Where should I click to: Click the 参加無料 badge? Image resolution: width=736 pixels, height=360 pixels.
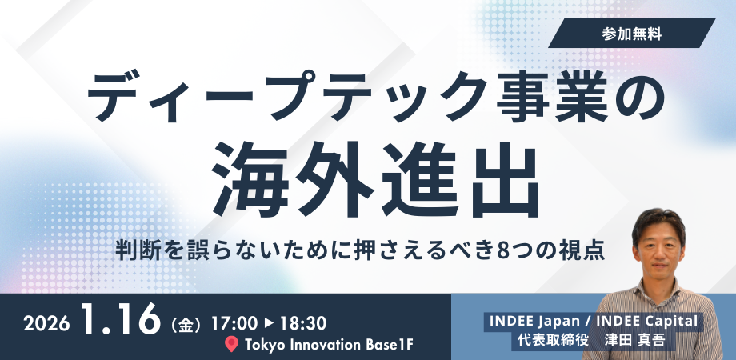click(632, 33)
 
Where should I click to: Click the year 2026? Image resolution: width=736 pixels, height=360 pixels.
click(46, 324)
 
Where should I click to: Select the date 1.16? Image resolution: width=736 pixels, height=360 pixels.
click(121, 319)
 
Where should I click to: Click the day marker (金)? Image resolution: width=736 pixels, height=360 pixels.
click(186, 325)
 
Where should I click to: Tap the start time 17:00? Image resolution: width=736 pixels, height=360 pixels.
click(234, 323)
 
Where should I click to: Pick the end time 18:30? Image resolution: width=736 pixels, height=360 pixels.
click(302, 323)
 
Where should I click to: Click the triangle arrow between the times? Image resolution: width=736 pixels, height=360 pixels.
click(269, 323)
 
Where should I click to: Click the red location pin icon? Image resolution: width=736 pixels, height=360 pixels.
click(231, 345)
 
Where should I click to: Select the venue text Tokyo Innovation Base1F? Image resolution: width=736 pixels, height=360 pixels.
click(329, 345)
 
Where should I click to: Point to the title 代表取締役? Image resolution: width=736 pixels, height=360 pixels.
click(553, 340)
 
